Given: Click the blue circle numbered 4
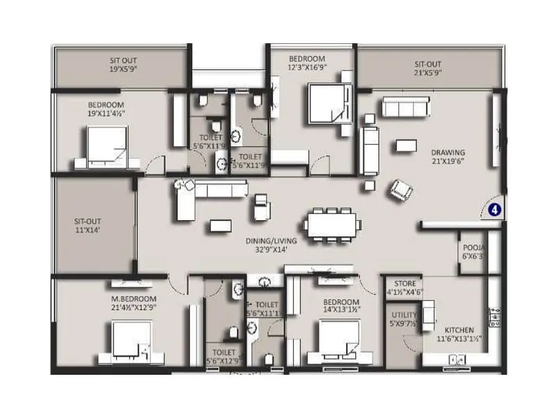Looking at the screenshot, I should pyautogui.click(x=494, y=208).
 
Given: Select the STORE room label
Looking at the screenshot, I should pyautogui.click(x=405, y=284).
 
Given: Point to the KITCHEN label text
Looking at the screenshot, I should pyautogui.click(x=460, y=330).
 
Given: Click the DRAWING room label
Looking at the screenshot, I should pyautogui.click(x=448, y=153).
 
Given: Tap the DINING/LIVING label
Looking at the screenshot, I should pyautogui.click(x=271, y=241).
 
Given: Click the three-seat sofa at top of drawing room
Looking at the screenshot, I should pyautogui.click(x=405, y=107).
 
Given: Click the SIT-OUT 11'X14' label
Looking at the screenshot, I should pyautogui.click(x=88, y=224).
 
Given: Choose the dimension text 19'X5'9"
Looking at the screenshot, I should pyautogui.click(x=123, y=70).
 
